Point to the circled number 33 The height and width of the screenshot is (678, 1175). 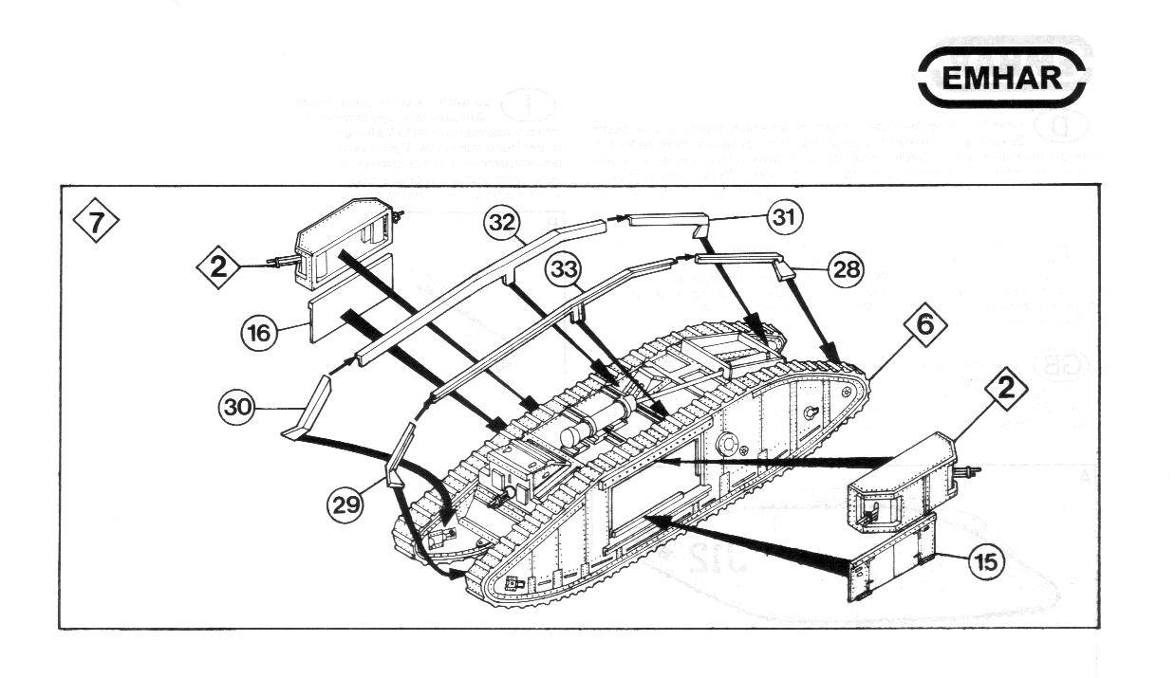pyautogui.click(x=566, y=270)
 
